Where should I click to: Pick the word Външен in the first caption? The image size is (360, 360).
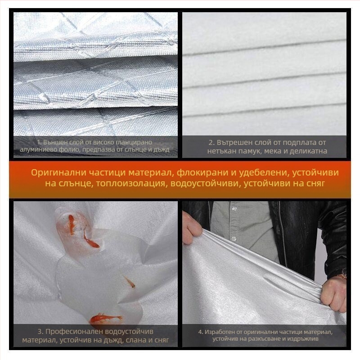point(55,142)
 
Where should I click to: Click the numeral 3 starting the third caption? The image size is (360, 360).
point(40,332)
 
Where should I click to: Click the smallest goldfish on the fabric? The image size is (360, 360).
point(130,282)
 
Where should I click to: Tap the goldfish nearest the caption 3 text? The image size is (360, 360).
point(105,319)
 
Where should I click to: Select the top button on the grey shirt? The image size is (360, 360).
point(234,208)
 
